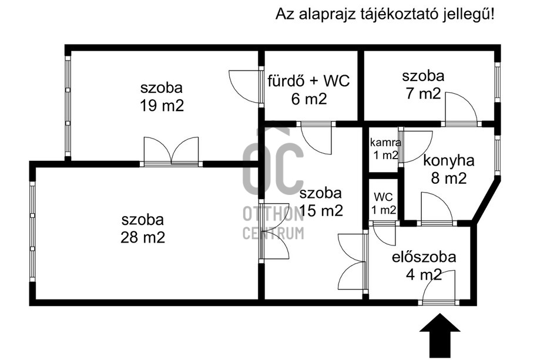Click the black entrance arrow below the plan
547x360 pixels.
pos(439,335)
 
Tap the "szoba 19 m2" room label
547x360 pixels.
pos(162,97)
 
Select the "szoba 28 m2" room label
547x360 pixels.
pos(143,229)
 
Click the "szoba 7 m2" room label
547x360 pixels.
pos(423,85)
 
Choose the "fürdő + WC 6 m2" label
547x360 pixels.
pos(309,90)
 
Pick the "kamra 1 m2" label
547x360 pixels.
pos(385,149)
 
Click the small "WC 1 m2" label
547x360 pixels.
pos(384,202)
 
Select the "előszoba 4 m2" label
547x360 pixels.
pos(424,265)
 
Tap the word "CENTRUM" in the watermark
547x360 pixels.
pos(274,233)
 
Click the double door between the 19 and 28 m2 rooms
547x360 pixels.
pos(172,152)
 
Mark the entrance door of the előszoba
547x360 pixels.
pos(439,288)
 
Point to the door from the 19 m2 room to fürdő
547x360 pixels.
pos(245,87)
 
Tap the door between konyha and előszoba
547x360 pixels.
pos(437,208)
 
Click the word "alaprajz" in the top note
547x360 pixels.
pos(323,15)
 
